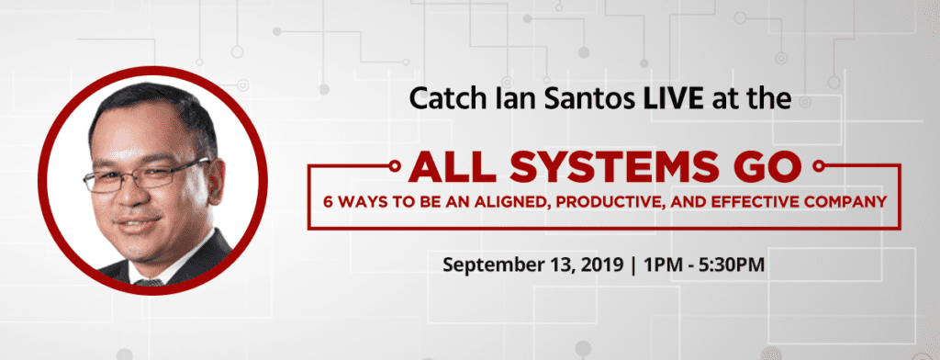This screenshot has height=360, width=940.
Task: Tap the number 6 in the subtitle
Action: (328, 203)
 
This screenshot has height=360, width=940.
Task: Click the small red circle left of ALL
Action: (395, 165)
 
